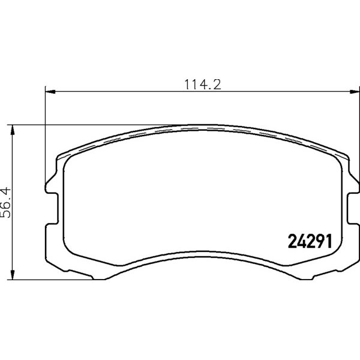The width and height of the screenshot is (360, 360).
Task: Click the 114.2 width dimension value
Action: click(203, 85)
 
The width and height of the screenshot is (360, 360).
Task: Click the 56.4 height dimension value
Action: click(6, 202)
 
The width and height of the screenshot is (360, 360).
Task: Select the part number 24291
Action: click(310, 241)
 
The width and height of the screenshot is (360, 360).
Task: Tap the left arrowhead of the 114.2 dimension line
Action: click(50, 92)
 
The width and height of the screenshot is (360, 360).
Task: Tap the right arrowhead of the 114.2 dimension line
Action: click(355, 92)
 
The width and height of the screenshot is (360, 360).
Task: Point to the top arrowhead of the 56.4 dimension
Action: click(13, 130)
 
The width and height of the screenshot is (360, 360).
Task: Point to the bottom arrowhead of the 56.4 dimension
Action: click(13, 275)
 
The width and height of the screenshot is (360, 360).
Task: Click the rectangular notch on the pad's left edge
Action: click(52, 208)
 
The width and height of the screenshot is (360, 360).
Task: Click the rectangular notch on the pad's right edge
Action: click(353, 208)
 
